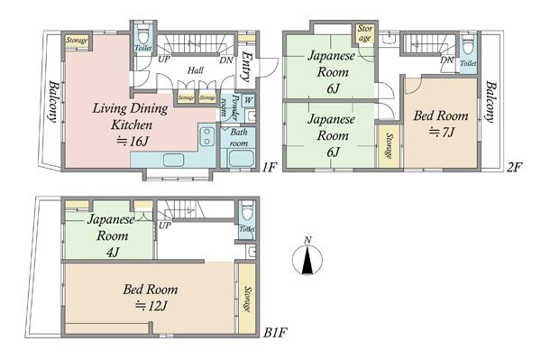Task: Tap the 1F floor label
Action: click(x=269, y=168)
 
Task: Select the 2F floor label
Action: click(x=515, y=168)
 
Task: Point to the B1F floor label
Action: click(x=275, y=333)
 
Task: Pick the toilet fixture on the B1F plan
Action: click(x=247, y=213)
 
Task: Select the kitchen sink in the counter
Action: click(x=173, y=160)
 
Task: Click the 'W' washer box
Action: click(x=249, y=100)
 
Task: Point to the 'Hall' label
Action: click(x=196, y=70)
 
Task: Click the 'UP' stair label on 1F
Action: click(x=164, y=60)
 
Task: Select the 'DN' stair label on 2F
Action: click(x=447, y=60)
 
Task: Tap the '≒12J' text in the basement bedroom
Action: click(x=151, y=306)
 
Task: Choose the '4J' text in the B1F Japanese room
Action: click(x=113, y=253)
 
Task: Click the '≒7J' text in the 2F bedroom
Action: click(x=441, y=132)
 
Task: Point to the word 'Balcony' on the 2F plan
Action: click(x=491, y=101)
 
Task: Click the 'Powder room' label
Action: click(x=229, y=106)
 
